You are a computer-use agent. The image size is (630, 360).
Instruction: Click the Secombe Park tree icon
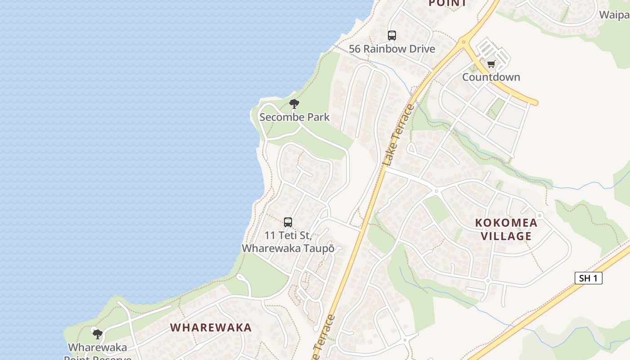pos(294,104)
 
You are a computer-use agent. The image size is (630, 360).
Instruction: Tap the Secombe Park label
pos(294,117)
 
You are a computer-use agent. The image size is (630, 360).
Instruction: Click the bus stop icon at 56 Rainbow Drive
pos(391,35)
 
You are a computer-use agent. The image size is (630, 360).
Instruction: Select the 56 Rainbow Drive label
pos(392,49)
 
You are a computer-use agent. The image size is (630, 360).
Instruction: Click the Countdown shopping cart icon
pos(491,64)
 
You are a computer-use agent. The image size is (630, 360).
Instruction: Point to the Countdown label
pos(491,77)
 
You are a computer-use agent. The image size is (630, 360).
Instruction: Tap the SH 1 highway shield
pos(588,278)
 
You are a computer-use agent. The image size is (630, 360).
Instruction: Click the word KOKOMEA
pos(506,223)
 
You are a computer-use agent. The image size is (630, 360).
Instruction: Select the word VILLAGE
pos(506,236)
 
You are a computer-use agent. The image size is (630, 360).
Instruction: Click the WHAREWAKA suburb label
pos(211,328)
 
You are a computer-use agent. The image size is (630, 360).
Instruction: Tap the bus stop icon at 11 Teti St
pos(288,222)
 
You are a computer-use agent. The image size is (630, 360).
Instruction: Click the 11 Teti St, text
pos(288,235)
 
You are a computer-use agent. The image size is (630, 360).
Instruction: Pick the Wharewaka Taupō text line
pos(288,248)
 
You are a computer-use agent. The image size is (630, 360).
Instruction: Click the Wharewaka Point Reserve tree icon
pos(97,334)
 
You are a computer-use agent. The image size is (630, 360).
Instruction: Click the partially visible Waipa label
pos(615,15)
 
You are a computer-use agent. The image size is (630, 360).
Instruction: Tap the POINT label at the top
pos(447,4)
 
